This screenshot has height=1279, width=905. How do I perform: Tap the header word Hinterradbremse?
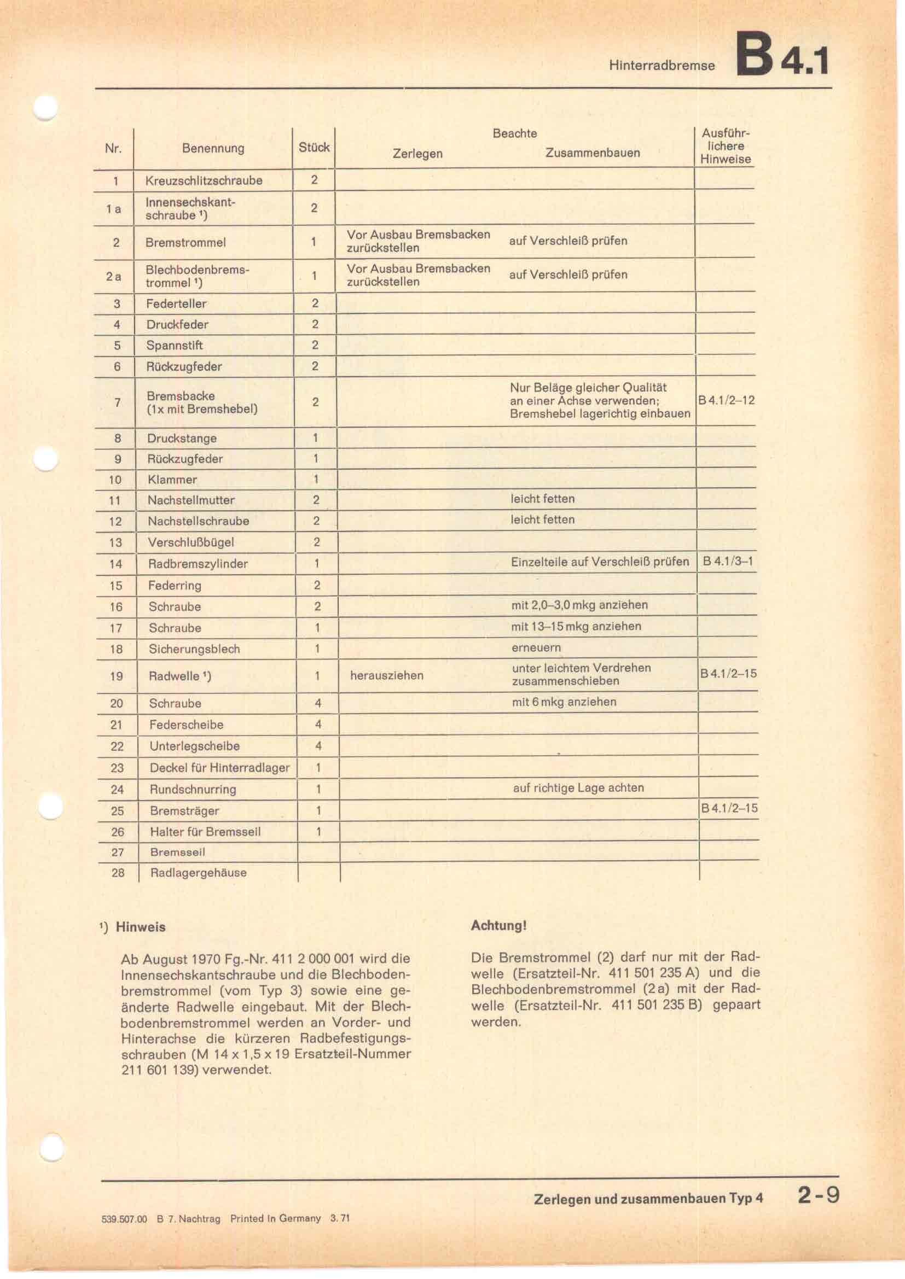(x=662, y=66)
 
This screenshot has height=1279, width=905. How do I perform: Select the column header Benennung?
(x=213, y=148)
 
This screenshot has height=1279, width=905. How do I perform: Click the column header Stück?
(x=314, y=147)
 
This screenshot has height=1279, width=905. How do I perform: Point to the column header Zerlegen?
(x=417, y=153)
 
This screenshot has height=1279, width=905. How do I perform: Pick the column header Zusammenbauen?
(x=593, y=153)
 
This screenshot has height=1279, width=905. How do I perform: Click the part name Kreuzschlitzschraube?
(x=204, y=180)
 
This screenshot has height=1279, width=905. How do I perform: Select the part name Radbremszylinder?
(x=198, y=564)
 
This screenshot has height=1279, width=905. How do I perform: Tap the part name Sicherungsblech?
(x=194, y=649)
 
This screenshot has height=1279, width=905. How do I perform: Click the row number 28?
(x=118, y=873)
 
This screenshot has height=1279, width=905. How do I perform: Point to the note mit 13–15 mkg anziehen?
(x=576, y=626)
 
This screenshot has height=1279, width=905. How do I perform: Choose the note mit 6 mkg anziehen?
(x=564, y=702)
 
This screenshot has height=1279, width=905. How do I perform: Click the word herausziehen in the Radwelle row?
(x=387, y=676)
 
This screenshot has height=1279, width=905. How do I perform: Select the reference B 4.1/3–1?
(x=728, y=562)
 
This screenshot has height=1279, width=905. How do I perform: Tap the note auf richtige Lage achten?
(x=578, y=787)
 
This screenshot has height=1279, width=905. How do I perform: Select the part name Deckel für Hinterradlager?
(x=219, y=768)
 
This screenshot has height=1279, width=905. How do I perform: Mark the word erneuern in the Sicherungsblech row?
(x=536, y=648)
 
